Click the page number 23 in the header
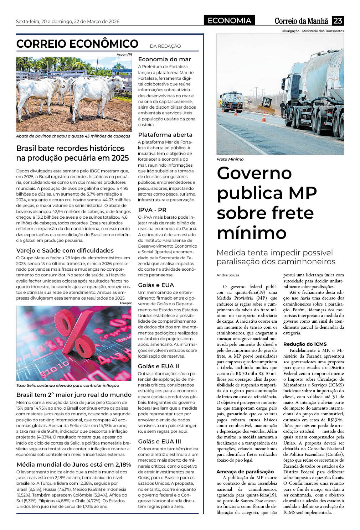point(338,21)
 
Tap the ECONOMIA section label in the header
point(229,21)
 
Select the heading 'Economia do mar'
point(164,59)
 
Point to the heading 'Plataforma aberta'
point(165,135)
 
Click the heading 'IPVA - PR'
point(152,210)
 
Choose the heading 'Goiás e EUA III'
point(159,441)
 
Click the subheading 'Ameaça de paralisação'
point(245,472)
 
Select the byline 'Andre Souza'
point(228,275)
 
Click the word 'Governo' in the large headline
point(254,173)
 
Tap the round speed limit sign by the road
point(249,102)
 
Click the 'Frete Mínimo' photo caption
point(230,159)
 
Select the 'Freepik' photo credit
point(126,303)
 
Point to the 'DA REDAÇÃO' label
point(165,46)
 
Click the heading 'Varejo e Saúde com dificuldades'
point(65,250)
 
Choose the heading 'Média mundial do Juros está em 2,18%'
point(74,464)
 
